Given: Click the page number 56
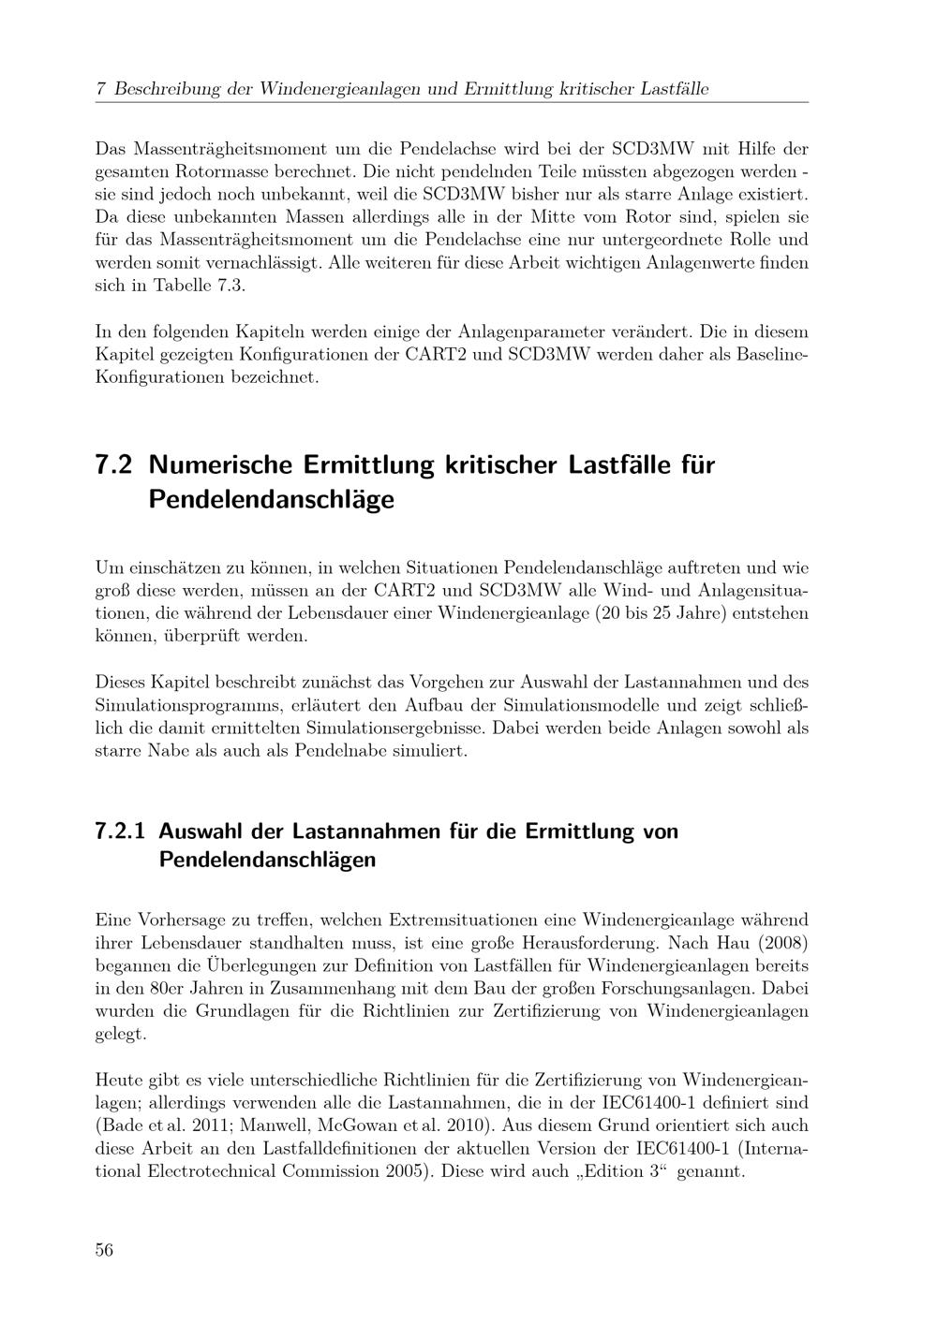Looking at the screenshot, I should pos(104,1250).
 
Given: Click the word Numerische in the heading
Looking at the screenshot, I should pos(221,465).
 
